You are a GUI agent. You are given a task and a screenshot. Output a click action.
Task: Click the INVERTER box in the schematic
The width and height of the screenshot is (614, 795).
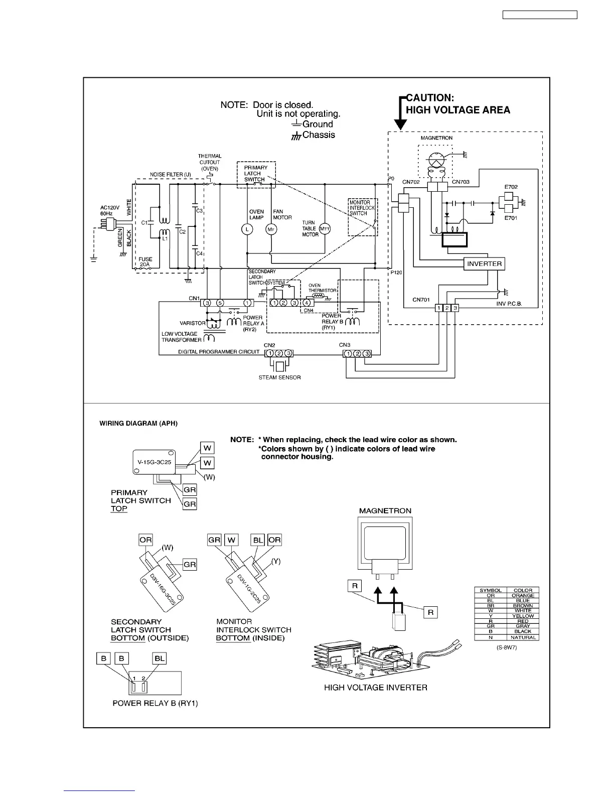[484, 264]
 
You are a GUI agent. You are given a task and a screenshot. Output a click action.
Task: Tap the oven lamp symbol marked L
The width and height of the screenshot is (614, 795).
[247, 229]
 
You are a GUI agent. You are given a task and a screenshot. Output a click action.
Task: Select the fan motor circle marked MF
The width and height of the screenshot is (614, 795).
[271, 229]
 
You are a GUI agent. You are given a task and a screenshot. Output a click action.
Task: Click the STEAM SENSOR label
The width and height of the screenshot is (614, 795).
[279, 377]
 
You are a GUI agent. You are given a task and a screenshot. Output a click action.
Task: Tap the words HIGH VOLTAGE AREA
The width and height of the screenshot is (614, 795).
[457, 110]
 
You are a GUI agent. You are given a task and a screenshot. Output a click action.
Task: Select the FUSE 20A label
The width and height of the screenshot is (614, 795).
[145, 262]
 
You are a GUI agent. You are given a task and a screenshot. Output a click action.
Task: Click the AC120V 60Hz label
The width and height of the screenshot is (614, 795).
[110, 210]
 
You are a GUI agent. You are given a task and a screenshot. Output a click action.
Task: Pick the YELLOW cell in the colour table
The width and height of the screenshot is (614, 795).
[523, 616]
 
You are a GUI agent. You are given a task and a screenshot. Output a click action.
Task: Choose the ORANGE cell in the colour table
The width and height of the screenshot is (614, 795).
[523, 596]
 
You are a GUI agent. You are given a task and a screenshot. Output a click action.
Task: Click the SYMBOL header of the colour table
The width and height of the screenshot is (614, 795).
[491, 590]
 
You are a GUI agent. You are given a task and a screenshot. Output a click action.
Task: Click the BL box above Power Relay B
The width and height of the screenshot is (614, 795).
[160, 658]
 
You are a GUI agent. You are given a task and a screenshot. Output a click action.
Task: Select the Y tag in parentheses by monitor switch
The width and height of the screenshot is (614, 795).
[275, 561]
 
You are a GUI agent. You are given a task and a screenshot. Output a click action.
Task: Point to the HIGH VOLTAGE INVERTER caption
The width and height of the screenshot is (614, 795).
[376, 688]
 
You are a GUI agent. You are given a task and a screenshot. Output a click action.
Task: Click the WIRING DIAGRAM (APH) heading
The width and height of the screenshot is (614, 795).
[138, 424]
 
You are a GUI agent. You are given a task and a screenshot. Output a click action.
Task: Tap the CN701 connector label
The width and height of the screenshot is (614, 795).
[421, 300]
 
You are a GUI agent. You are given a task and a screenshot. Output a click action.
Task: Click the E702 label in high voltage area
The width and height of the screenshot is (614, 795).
[511, 187]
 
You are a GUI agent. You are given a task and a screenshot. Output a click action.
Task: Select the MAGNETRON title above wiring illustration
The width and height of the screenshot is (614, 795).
[385, 511]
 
